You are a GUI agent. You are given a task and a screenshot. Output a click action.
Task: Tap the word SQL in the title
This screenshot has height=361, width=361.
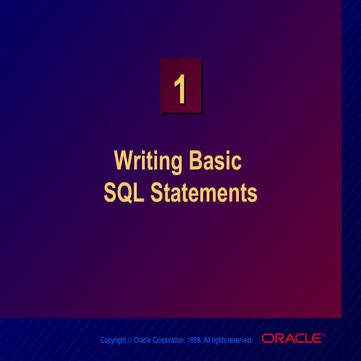coord(125,193)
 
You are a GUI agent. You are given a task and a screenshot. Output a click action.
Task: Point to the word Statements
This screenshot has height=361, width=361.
coord(204,193)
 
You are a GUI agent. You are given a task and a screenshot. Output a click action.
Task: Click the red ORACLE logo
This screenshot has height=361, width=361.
coord(293,339)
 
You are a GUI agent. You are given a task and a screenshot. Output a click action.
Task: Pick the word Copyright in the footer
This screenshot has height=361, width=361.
coord(112,341)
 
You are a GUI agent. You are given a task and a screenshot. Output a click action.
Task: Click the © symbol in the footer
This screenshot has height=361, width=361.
coord(129,341)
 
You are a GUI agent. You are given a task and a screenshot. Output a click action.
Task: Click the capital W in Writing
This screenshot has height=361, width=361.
coord(123,161)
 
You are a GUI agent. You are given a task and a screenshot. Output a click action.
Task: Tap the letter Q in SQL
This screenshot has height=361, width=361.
coord(125,193)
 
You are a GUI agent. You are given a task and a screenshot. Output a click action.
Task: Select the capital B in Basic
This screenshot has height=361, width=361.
coord(197,161)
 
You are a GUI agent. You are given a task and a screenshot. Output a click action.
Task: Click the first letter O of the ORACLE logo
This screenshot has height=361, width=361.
coord(268,339)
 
